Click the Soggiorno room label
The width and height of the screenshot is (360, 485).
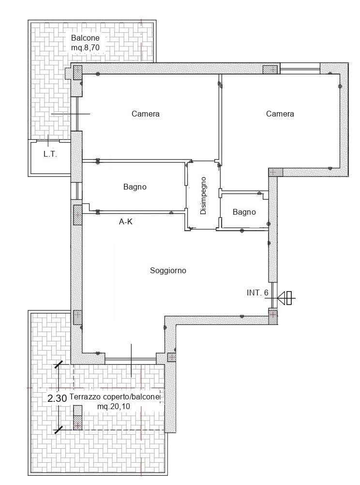point(168,271)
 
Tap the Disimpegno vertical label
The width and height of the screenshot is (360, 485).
point(203,195)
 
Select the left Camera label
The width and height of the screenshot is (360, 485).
point(146,114)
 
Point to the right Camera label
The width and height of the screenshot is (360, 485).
point(280,114)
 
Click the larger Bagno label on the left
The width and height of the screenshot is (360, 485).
point(135,187)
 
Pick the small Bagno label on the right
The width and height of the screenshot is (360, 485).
point(244,212)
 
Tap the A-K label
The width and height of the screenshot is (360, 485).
point(126,221)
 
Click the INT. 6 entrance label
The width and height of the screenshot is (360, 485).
point(257,293)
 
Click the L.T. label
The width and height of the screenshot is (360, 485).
point(50,154)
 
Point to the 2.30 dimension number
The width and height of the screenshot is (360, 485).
point(57,398)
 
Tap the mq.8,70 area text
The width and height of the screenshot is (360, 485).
point(85,48)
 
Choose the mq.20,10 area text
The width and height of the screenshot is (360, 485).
point(114,407)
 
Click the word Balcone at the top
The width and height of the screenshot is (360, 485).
point(85,38)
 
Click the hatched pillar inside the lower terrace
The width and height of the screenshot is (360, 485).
point(78,418)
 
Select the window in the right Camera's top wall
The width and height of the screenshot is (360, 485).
point(300,68)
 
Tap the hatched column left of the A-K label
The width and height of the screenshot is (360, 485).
point(77,215)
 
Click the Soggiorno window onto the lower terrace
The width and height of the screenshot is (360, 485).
point(130,361)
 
